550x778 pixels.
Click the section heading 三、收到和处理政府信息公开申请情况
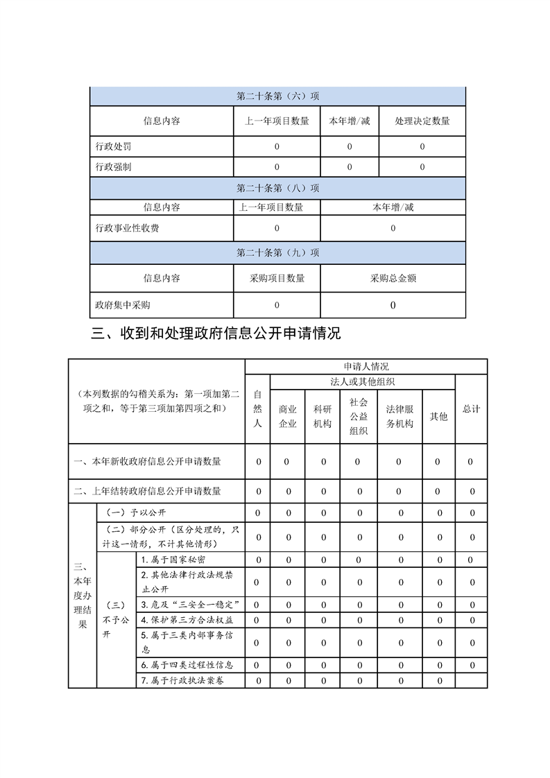point(216,334)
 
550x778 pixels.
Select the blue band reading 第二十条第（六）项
point(277,96)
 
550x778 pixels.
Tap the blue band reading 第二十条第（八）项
point(277,188)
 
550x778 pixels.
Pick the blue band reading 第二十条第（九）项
point(277,252)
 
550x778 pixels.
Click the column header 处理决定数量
point(422,121)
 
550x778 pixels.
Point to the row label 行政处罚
point(113,146)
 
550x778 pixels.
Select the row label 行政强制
point(113,167)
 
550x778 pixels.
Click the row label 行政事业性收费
point(127,227)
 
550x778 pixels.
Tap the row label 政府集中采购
point(123,304)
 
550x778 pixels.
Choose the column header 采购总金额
point(393,278)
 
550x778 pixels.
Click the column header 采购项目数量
point(277,278)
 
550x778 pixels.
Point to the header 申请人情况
point(366,366)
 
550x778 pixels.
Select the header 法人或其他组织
point(363,381)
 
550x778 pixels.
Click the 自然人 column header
point(257,409)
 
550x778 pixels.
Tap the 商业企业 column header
point(288,416)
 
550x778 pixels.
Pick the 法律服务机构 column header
point(399,416)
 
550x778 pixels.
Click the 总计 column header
point(472,409)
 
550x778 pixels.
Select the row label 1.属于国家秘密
point(173,560)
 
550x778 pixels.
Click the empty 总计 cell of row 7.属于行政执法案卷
point(472,681)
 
